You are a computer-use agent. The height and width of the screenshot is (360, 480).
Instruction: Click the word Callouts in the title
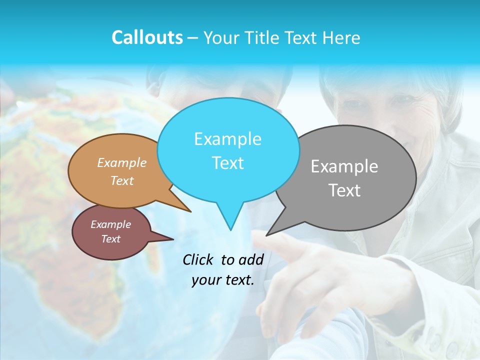pos(147,37)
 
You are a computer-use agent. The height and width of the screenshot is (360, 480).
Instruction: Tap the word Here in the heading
pos(341,38)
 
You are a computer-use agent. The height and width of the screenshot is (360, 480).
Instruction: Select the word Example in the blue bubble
pos(227,139)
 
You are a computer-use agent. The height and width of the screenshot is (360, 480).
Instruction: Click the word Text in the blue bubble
pos(227,163)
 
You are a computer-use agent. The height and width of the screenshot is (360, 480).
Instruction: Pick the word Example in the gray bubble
pos(344,166)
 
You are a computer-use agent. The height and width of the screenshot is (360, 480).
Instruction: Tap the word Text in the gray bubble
pos(344,190)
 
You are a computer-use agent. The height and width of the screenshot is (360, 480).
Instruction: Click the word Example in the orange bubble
pos(121,162)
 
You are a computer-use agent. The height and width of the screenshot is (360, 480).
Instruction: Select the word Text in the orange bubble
pos(122,180)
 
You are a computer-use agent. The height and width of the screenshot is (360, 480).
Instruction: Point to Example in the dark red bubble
pos(110,224)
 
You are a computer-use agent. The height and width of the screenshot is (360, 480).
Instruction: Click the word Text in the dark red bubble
pos(110,239)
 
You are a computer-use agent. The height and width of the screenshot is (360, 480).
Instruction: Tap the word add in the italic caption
pos(250,259)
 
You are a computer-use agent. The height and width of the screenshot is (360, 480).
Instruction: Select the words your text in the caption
pos(222,280)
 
